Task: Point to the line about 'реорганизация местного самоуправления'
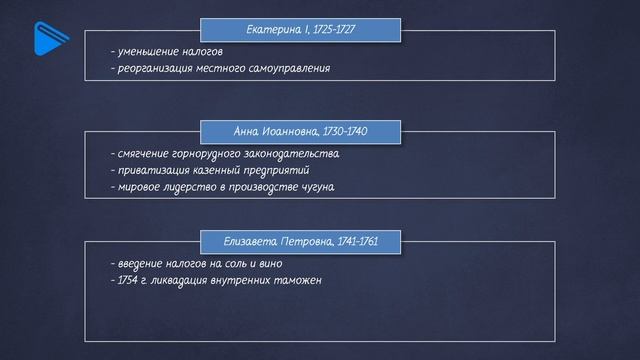220,69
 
